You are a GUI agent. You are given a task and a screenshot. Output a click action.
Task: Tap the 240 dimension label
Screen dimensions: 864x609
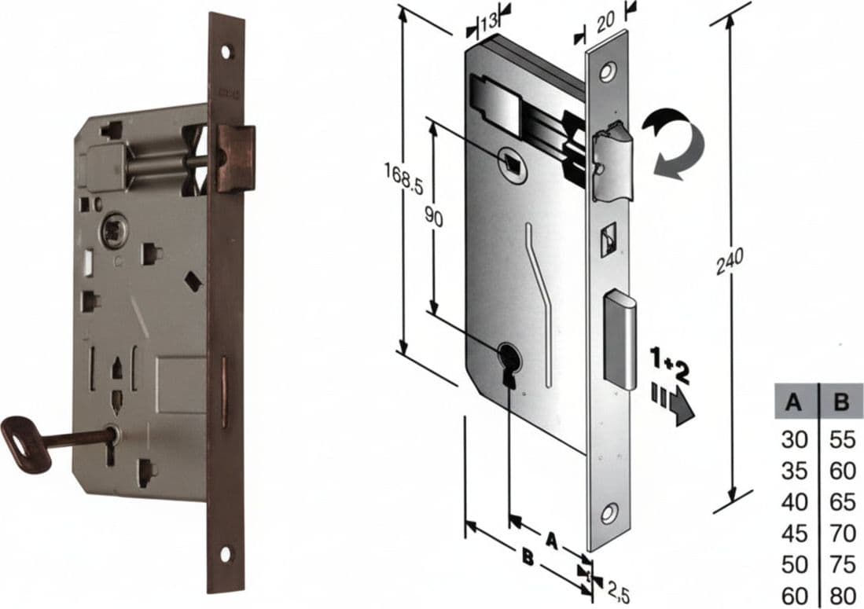(730, 261)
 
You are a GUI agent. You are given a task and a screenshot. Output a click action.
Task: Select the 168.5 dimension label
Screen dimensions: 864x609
(403, 179)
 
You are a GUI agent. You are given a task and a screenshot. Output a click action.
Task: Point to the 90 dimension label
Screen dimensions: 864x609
(434, 218)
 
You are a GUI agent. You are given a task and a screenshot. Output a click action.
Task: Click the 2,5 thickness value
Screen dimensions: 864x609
(618, 592)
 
